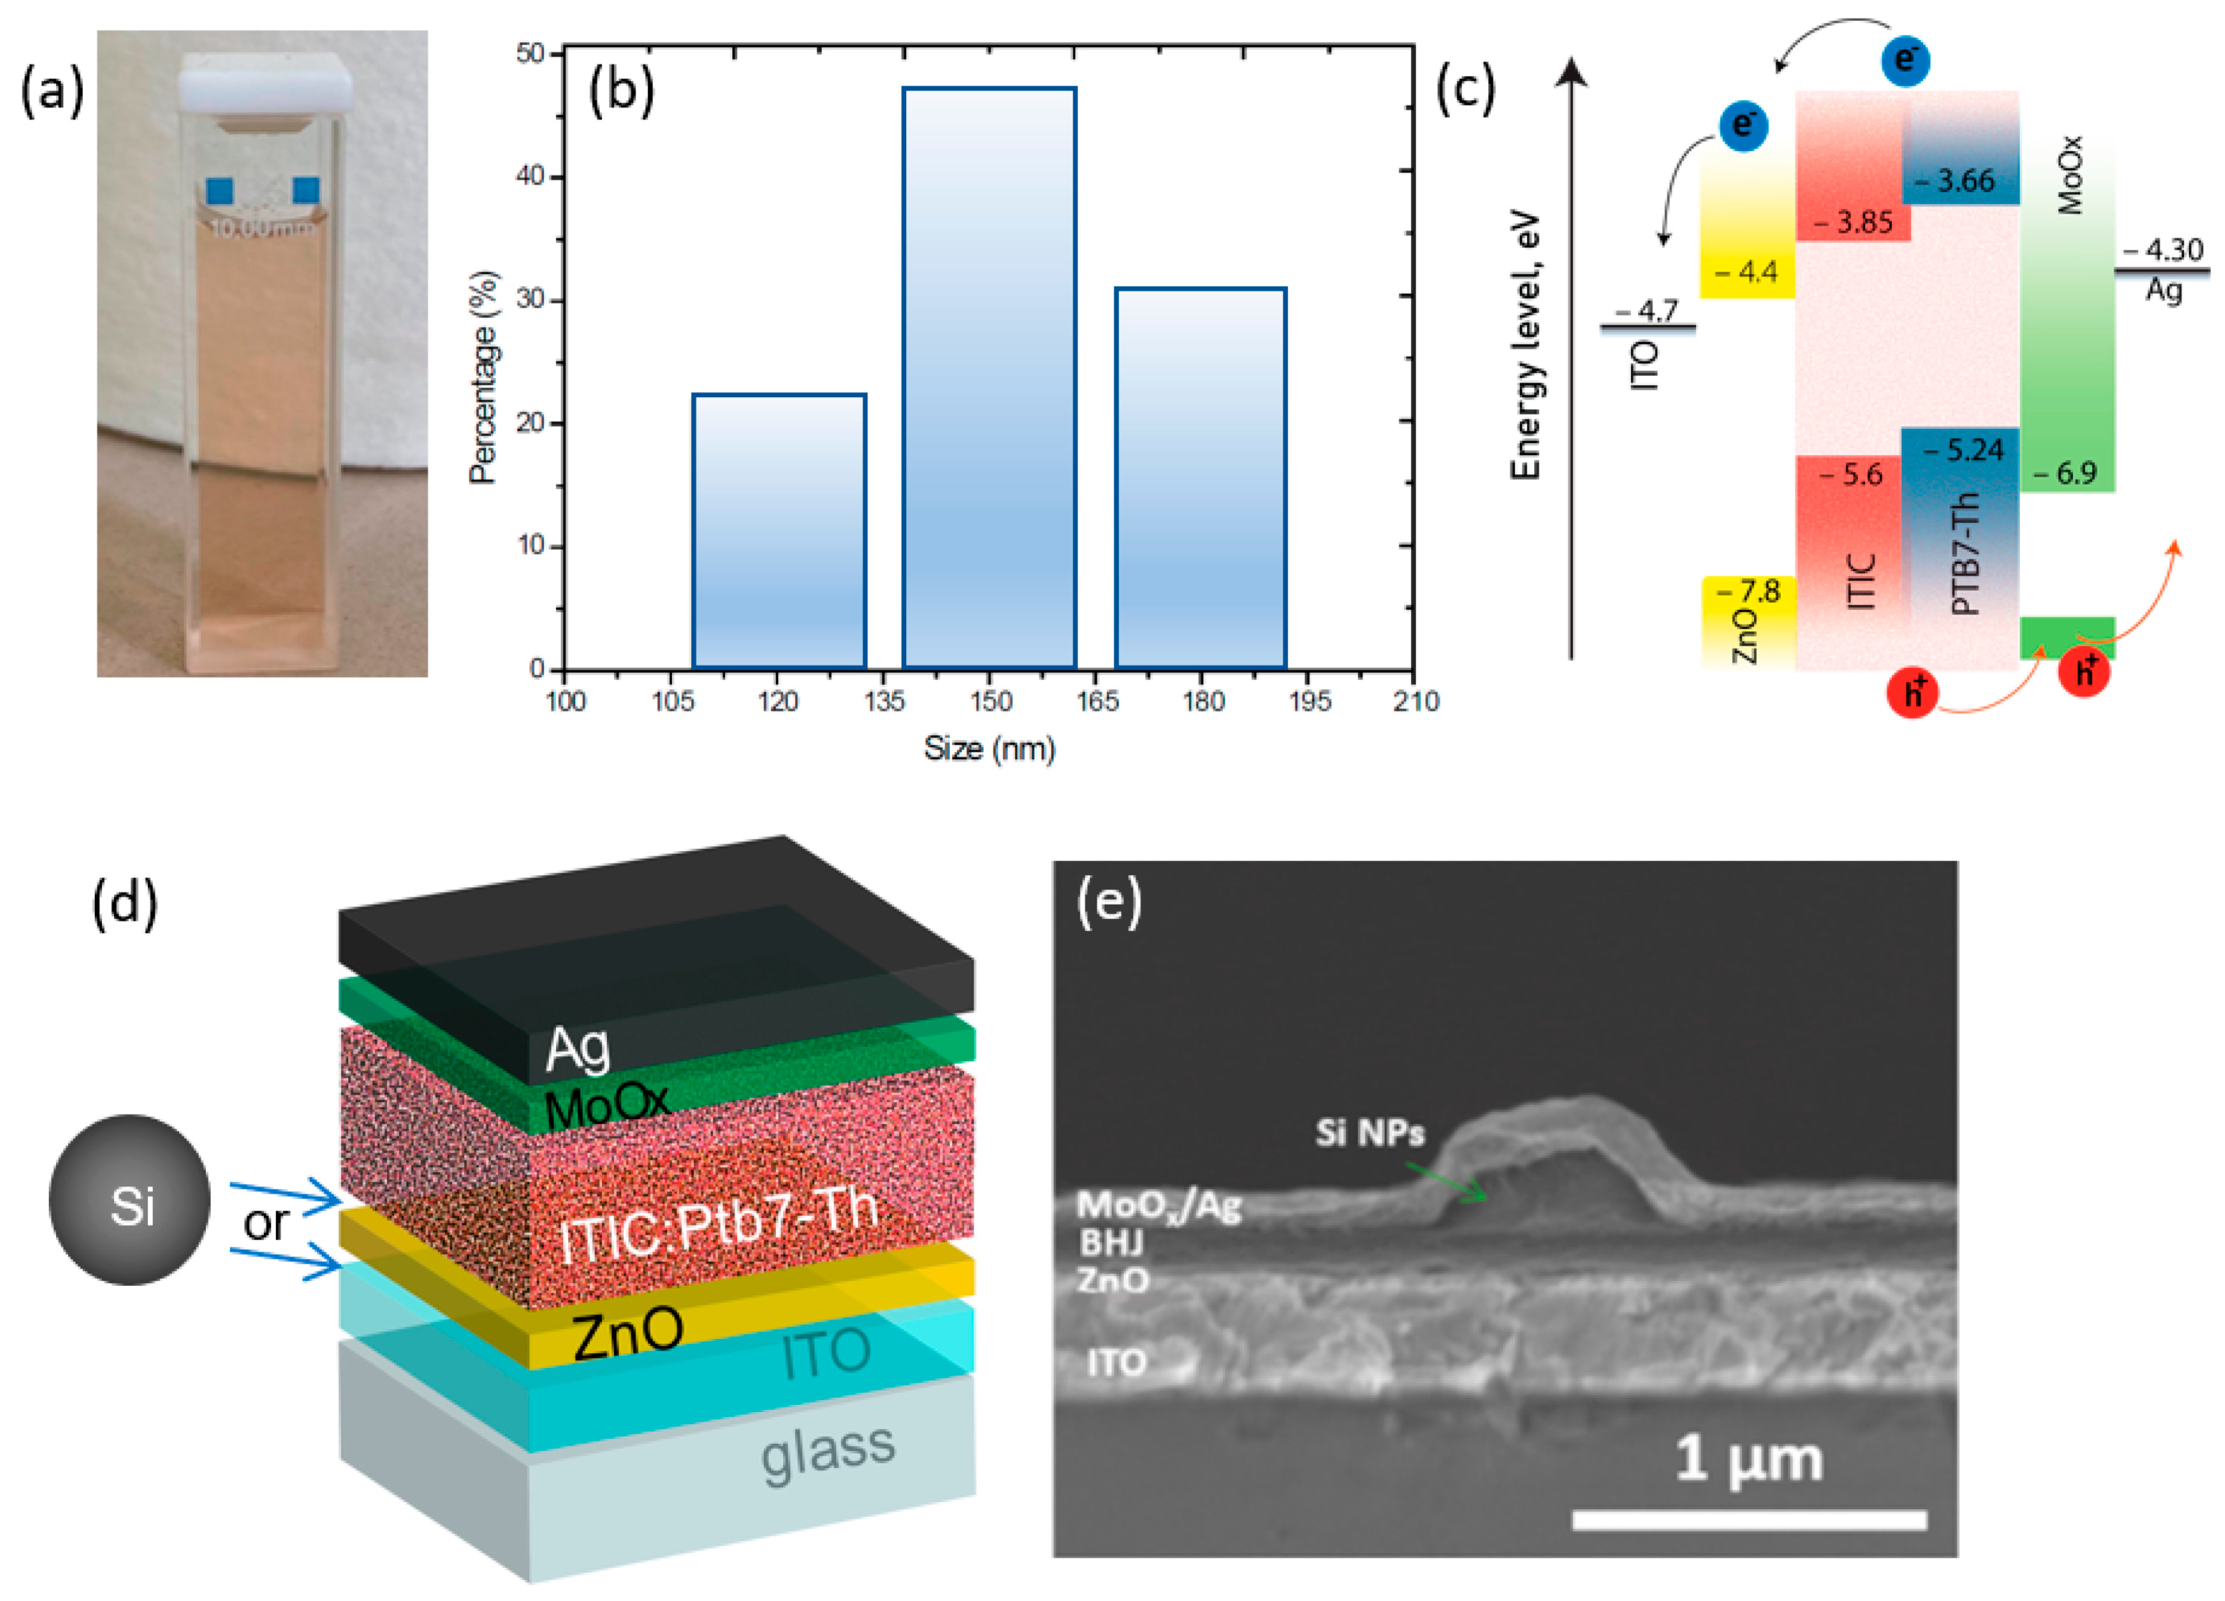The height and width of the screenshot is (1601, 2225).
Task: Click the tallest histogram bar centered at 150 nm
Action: point(989,378)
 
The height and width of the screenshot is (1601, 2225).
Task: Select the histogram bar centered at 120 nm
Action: point(779,530)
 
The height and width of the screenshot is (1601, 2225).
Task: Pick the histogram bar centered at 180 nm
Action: point(1200,478)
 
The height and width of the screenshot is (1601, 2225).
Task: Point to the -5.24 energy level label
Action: point(1962,450)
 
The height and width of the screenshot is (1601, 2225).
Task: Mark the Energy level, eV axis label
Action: point(1525,348)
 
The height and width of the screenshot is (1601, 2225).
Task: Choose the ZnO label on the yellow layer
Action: point(628,1334)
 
